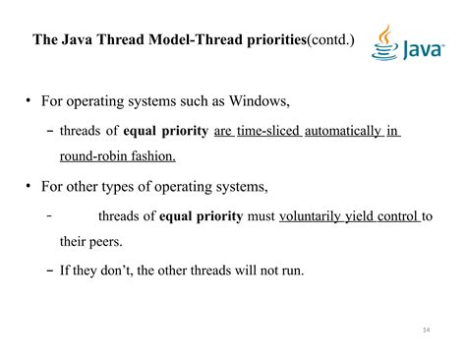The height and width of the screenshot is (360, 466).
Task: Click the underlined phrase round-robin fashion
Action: click(117, 156)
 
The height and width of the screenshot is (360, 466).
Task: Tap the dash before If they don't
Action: click(50, 267)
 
